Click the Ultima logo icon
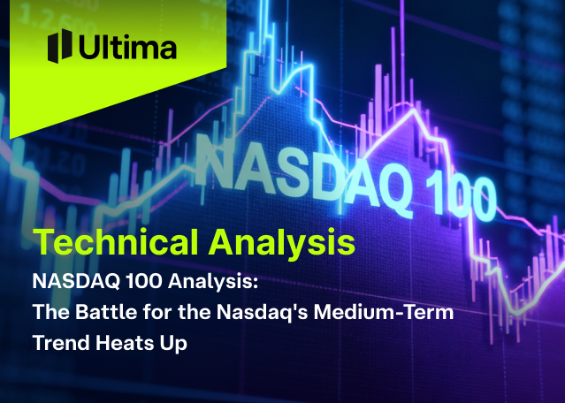59,45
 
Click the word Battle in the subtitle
101,313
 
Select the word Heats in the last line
126,343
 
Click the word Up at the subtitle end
174,344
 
